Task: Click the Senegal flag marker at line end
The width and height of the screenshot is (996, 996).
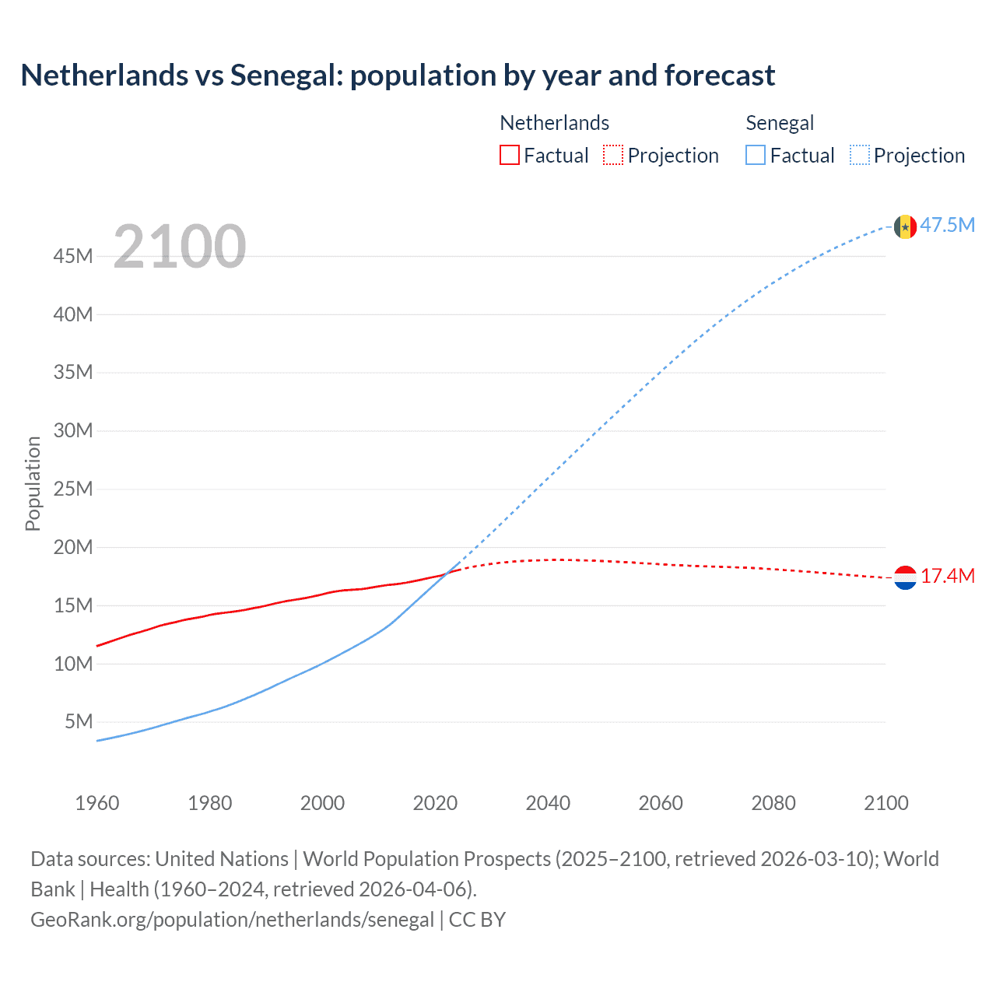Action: click(905, 226)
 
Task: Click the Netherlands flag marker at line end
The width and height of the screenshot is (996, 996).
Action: click(905, 577)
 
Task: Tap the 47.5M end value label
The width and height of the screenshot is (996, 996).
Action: click(947, 226)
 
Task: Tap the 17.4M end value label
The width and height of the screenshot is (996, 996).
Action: click(947, 577)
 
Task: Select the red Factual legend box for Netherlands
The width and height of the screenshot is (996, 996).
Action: click(509, 156)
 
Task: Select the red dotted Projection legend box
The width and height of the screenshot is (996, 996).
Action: click(613, 156)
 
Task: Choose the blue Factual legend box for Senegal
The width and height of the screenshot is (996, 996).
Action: click(755, 156)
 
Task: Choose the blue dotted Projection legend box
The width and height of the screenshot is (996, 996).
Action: click(860, 156)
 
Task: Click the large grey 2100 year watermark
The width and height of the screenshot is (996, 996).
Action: click(180, 247)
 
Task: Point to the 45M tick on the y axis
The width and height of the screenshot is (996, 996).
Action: click(73, 257)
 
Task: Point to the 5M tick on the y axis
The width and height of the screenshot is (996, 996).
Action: click(79, 722)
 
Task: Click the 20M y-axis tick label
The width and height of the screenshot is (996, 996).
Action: click(73, 548)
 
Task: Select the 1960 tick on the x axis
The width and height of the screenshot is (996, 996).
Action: click(97, 803)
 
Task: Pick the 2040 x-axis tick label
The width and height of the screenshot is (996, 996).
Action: click(548, 803)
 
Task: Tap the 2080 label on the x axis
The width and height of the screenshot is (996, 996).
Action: click(773, 803)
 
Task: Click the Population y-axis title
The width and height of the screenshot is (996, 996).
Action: click(33, 483)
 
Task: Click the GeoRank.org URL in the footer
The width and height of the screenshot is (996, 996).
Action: click(232, 920)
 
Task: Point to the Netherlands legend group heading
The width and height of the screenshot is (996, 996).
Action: click(554, 123)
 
